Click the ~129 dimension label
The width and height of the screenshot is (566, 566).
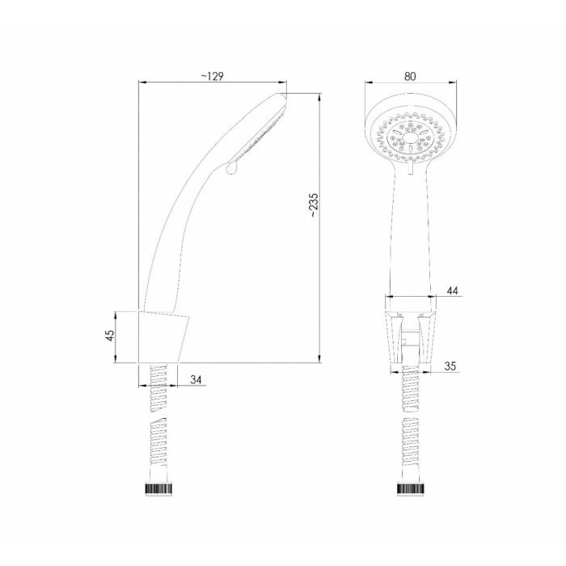click(212, 76)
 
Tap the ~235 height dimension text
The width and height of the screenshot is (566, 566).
click(314, 205)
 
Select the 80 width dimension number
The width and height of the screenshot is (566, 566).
click(410, 76)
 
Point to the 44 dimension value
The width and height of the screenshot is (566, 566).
click(452, 290)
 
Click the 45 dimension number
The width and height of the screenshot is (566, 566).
click(111, 335)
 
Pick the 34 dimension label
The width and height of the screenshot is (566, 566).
click(196, 380)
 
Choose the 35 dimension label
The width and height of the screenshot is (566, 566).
click(450, 366)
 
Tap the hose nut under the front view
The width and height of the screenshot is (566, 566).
click(411, 488)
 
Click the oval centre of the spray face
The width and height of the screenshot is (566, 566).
click(410, 138)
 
